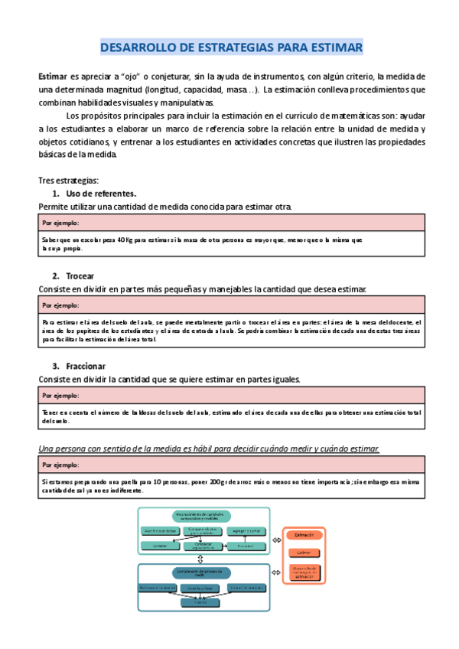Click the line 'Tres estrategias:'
pyautogui.click(x=68, y=181)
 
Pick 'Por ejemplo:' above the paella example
pyautogui.click(x=60, y=465)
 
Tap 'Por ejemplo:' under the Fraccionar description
pyautogui.click(x=60, y=395)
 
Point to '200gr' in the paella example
pyautogui.click(x=219, y=483)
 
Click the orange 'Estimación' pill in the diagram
pyautogui.click(x=304, y=536)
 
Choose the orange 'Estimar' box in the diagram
pyautogui.click(x=304, y=552)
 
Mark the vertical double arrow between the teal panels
pyautogui.click(x=200, y=559)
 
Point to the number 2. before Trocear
pyautogui.click(x=56, y=276)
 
